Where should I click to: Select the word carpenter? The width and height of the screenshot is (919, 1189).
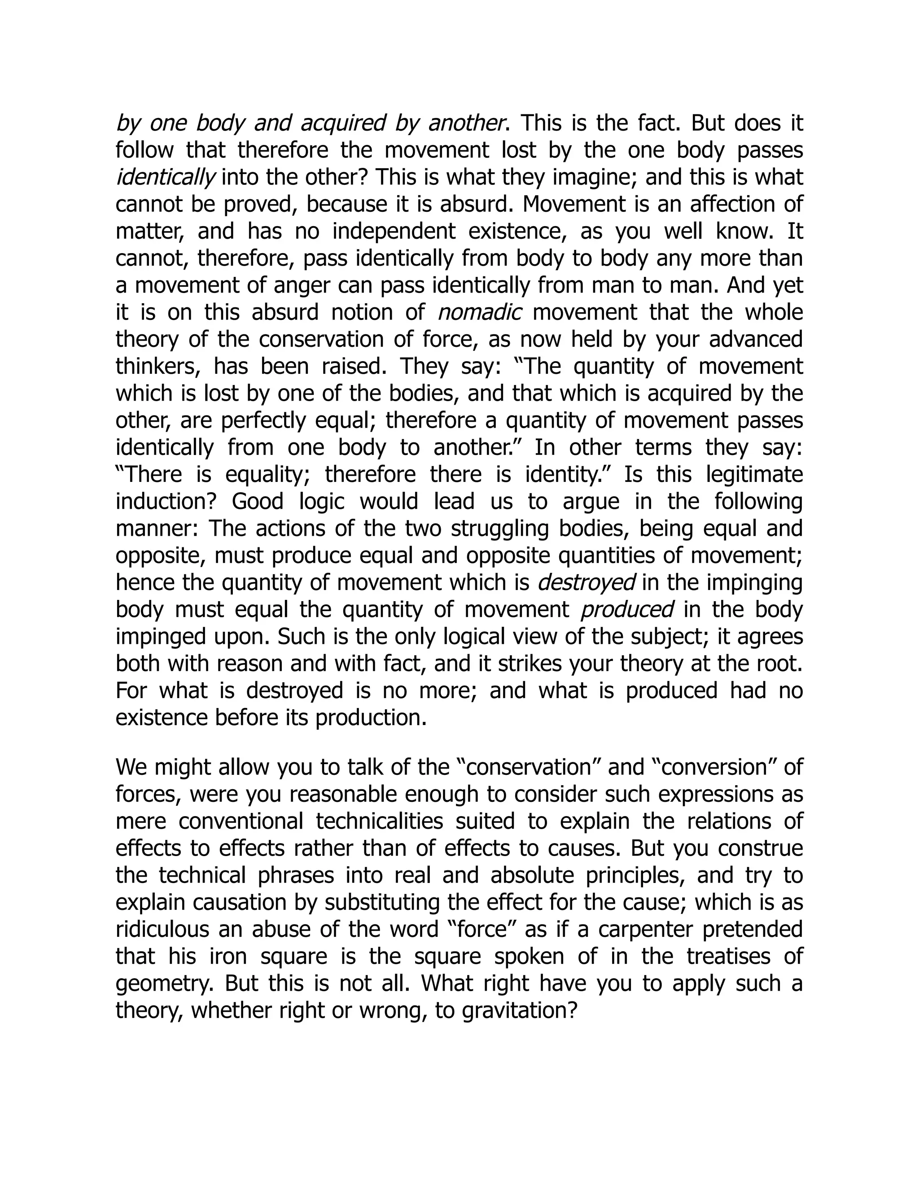point(645,929)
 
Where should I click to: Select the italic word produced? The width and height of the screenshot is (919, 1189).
point(627,610)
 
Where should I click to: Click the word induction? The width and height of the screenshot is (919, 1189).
point(166,502)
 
